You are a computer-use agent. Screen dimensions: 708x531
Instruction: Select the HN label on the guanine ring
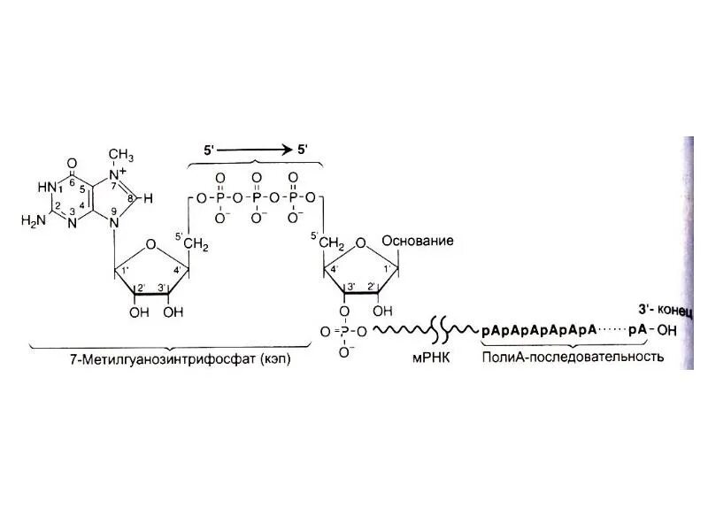46,187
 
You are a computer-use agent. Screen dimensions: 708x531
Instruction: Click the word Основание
418,241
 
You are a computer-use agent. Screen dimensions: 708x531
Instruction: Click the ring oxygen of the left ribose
152,244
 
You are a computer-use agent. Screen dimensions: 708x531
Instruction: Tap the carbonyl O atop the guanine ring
72,162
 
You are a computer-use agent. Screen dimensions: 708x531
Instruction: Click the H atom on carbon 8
149,199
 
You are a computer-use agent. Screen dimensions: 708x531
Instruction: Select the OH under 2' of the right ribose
381,311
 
